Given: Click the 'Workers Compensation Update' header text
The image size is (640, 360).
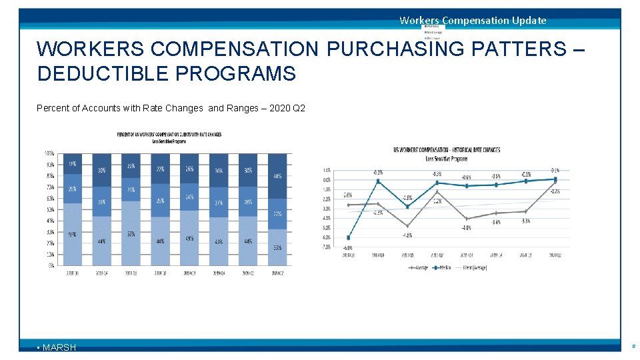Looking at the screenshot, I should coord(473,20).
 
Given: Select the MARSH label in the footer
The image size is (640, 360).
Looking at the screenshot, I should coord(59,347).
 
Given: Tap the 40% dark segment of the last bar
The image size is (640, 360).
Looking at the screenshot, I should coord(277,177).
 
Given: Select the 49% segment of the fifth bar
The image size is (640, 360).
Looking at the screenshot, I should coord(189,238).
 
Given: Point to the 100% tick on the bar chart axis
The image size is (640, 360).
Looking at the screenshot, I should coord(49,153).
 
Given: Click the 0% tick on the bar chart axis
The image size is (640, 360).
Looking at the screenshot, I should coord(51,265).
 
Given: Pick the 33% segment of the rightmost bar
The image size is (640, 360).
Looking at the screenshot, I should coord(277,247).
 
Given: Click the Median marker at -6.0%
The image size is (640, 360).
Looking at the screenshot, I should coord(349,238).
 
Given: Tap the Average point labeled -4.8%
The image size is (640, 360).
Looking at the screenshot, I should coord(407,226).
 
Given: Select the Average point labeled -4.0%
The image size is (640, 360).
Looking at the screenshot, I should coord(466,219).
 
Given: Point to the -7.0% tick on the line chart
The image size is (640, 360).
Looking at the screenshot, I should coord(327,247).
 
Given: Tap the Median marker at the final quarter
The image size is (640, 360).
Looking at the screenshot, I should coord(555,179).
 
